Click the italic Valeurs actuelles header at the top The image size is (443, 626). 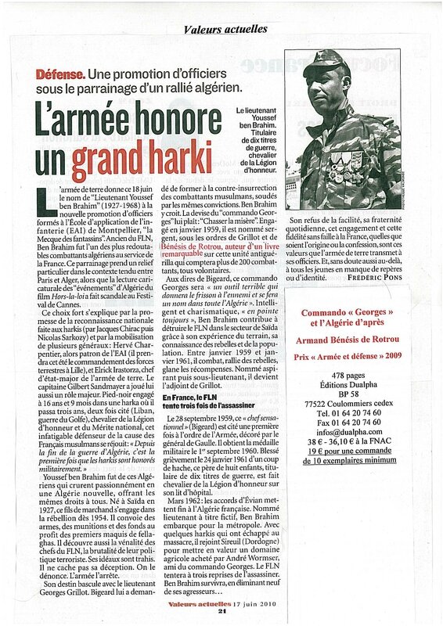pos(225,29)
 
